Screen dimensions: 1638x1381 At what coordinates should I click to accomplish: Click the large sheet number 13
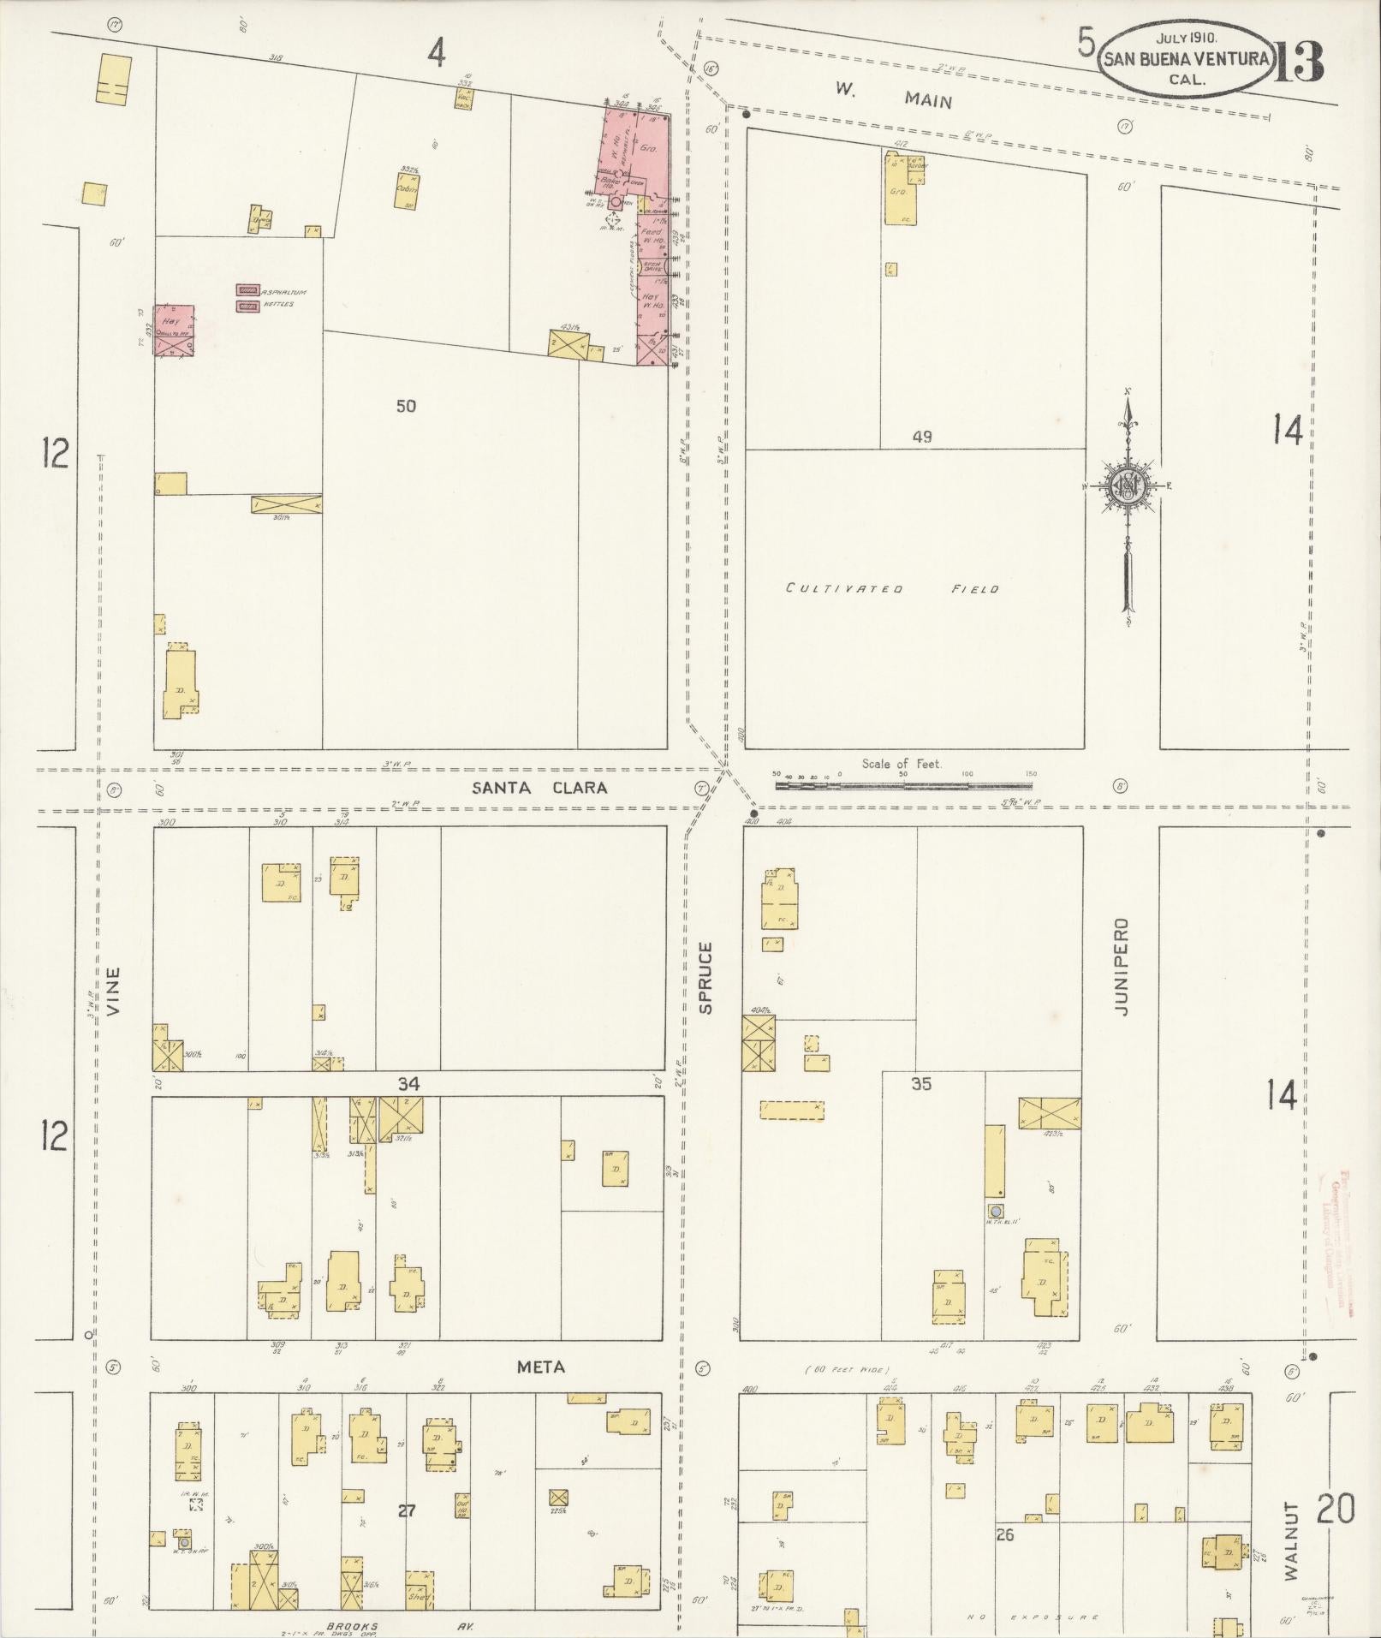pos(1299,62)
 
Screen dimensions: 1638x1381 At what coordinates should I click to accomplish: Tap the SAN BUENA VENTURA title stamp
pos(1186,58)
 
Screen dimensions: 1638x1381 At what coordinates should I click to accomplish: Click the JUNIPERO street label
pos(1122,967)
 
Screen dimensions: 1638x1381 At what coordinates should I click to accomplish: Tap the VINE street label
pos(114,991)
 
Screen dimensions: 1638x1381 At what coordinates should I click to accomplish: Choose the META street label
pos(541,1367)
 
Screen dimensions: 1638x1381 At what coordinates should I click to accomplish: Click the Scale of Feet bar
pos(903,783)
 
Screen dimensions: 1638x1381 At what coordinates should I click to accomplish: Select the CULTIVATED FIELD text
pos(891,589)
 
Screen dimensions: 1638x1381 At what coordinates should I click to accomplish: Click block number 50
pos(406,406)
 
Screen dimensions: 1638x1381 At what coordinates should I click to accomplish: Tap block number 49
pos(921,437)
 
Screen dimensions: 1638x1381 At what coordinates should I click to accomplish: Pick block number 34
pos(408,1085)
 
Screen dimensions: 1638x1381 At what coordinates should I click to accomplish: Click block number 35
pos(920,1084)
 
